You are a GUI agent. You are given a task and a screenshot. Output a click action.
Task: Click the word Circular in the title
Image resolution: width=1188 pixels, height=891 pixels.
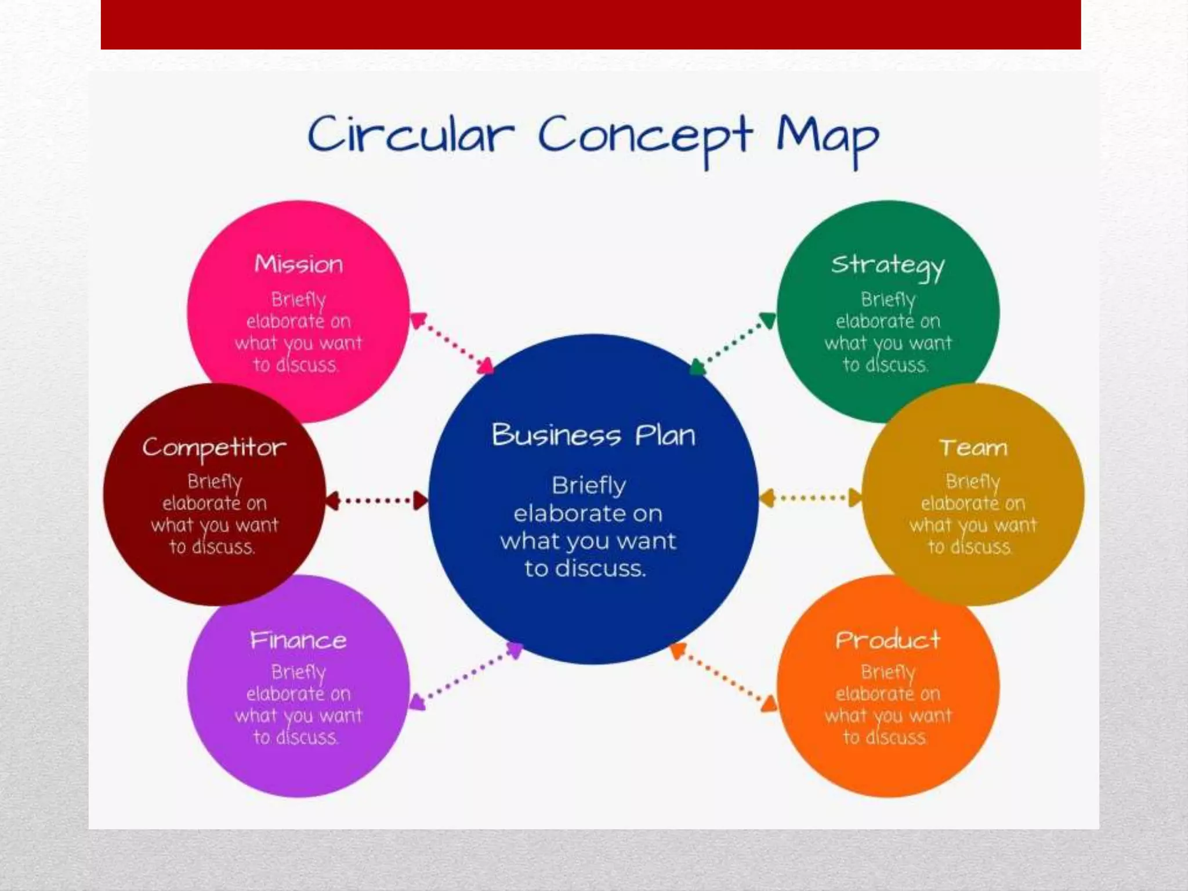click(x=411, y=135)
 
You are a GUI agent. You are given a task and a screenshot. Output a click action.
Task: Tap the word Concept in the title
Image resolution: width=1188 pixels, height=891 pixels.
click(x=645, y=137)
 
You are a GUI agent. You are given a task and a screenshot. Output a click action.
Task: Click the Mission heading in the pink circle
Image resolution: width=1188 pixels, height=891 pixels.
click(x=299, y=265)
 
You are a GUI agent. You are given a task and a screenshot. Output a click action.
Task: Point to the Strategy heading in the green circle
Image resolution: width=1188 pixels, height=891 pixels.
click(x=888, y=266)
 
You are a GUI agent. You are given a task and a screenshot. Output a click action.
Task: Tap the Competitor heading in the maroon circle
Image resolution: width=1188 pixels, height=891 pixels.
click(x=214, y=448)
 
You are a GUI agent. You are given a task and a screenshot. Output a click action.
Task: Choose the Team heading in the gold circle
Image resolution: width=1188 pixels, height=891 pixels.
click(x=973, y=448)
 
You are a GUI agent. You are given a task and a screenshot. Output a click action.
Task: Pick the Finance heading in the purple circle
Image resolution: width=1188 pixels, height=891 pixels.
click(x=298, y=640)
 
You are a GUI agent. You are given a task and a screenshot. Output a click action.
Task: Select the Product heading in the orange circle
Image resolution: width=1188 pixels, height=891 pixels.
click(x=888, y=640)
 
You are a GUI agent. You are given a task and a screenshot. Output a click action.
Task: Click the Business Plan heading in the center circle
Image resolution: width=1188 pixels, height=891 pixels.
click(x=593, y=435)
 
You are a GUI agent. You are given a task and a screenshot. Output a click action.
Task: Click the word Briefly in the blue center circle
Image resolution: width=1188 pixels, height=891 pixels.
click(x=589, y=486)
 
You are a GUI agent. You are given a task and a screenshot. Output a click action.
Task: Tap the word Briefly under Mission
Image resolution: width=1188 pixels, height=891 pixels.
click(x=299, y=300)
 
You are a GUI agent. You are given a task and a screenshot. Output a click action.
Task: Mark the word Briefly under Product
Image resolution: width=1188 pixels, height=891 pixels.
click(x=888, y=672)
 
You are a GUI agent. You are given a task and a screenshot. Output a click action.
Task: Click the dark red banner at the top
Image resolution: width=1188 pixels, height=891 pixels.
click(x=591, y=24)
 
